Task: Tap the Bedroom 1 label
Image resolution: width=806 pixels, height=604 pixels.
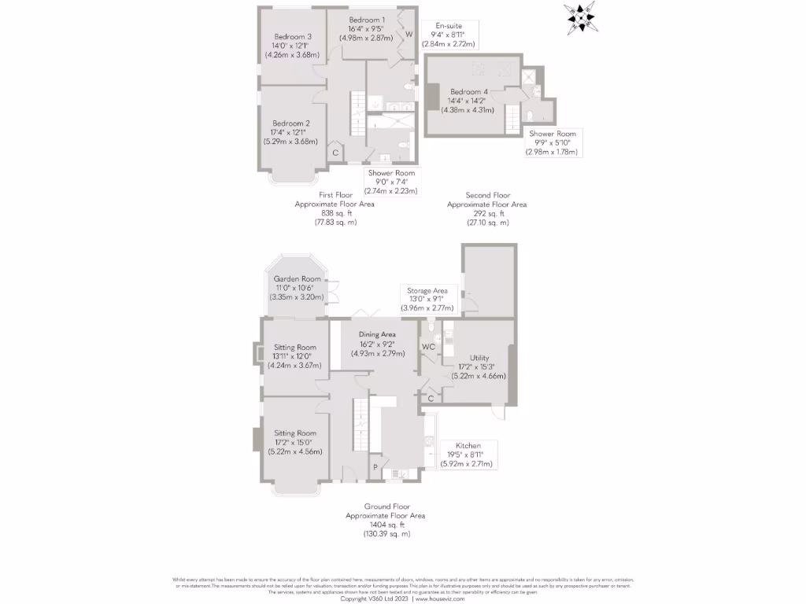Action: (367, 20)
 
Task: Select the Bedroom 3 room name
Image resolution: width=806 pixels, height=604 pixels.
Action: (293, 36)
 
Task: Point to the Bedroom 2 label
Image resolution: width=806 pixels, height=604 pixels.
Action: (291, 123)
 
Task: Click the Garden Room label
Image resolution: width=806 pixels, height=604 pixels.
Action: (297, 279)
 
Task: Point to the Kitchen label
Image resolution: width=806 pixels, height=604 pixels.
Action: (468, 446)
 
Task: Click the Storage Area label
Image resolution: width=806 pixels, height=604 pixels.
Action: (427, 290)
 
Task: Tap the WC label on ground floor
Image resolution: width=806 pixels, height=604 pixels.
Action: (428, 347)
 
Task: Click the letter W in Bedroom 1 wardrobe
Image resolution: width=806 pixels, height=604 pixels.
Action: (409, 35)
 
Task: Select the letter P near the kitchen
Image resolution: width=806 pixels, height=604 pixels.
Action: (375, 467)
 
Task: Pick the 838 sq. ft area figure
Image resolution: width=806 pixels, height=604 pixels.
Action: (335, 213)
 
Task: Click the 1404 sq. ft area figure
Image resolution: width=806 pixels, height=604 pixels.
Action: (385, 525)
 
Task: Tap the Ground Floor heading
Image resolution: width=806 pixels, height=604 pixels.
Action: (386, 506)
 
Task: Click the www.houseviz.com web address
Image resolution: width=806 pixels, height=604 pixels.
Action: (440, 598)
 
